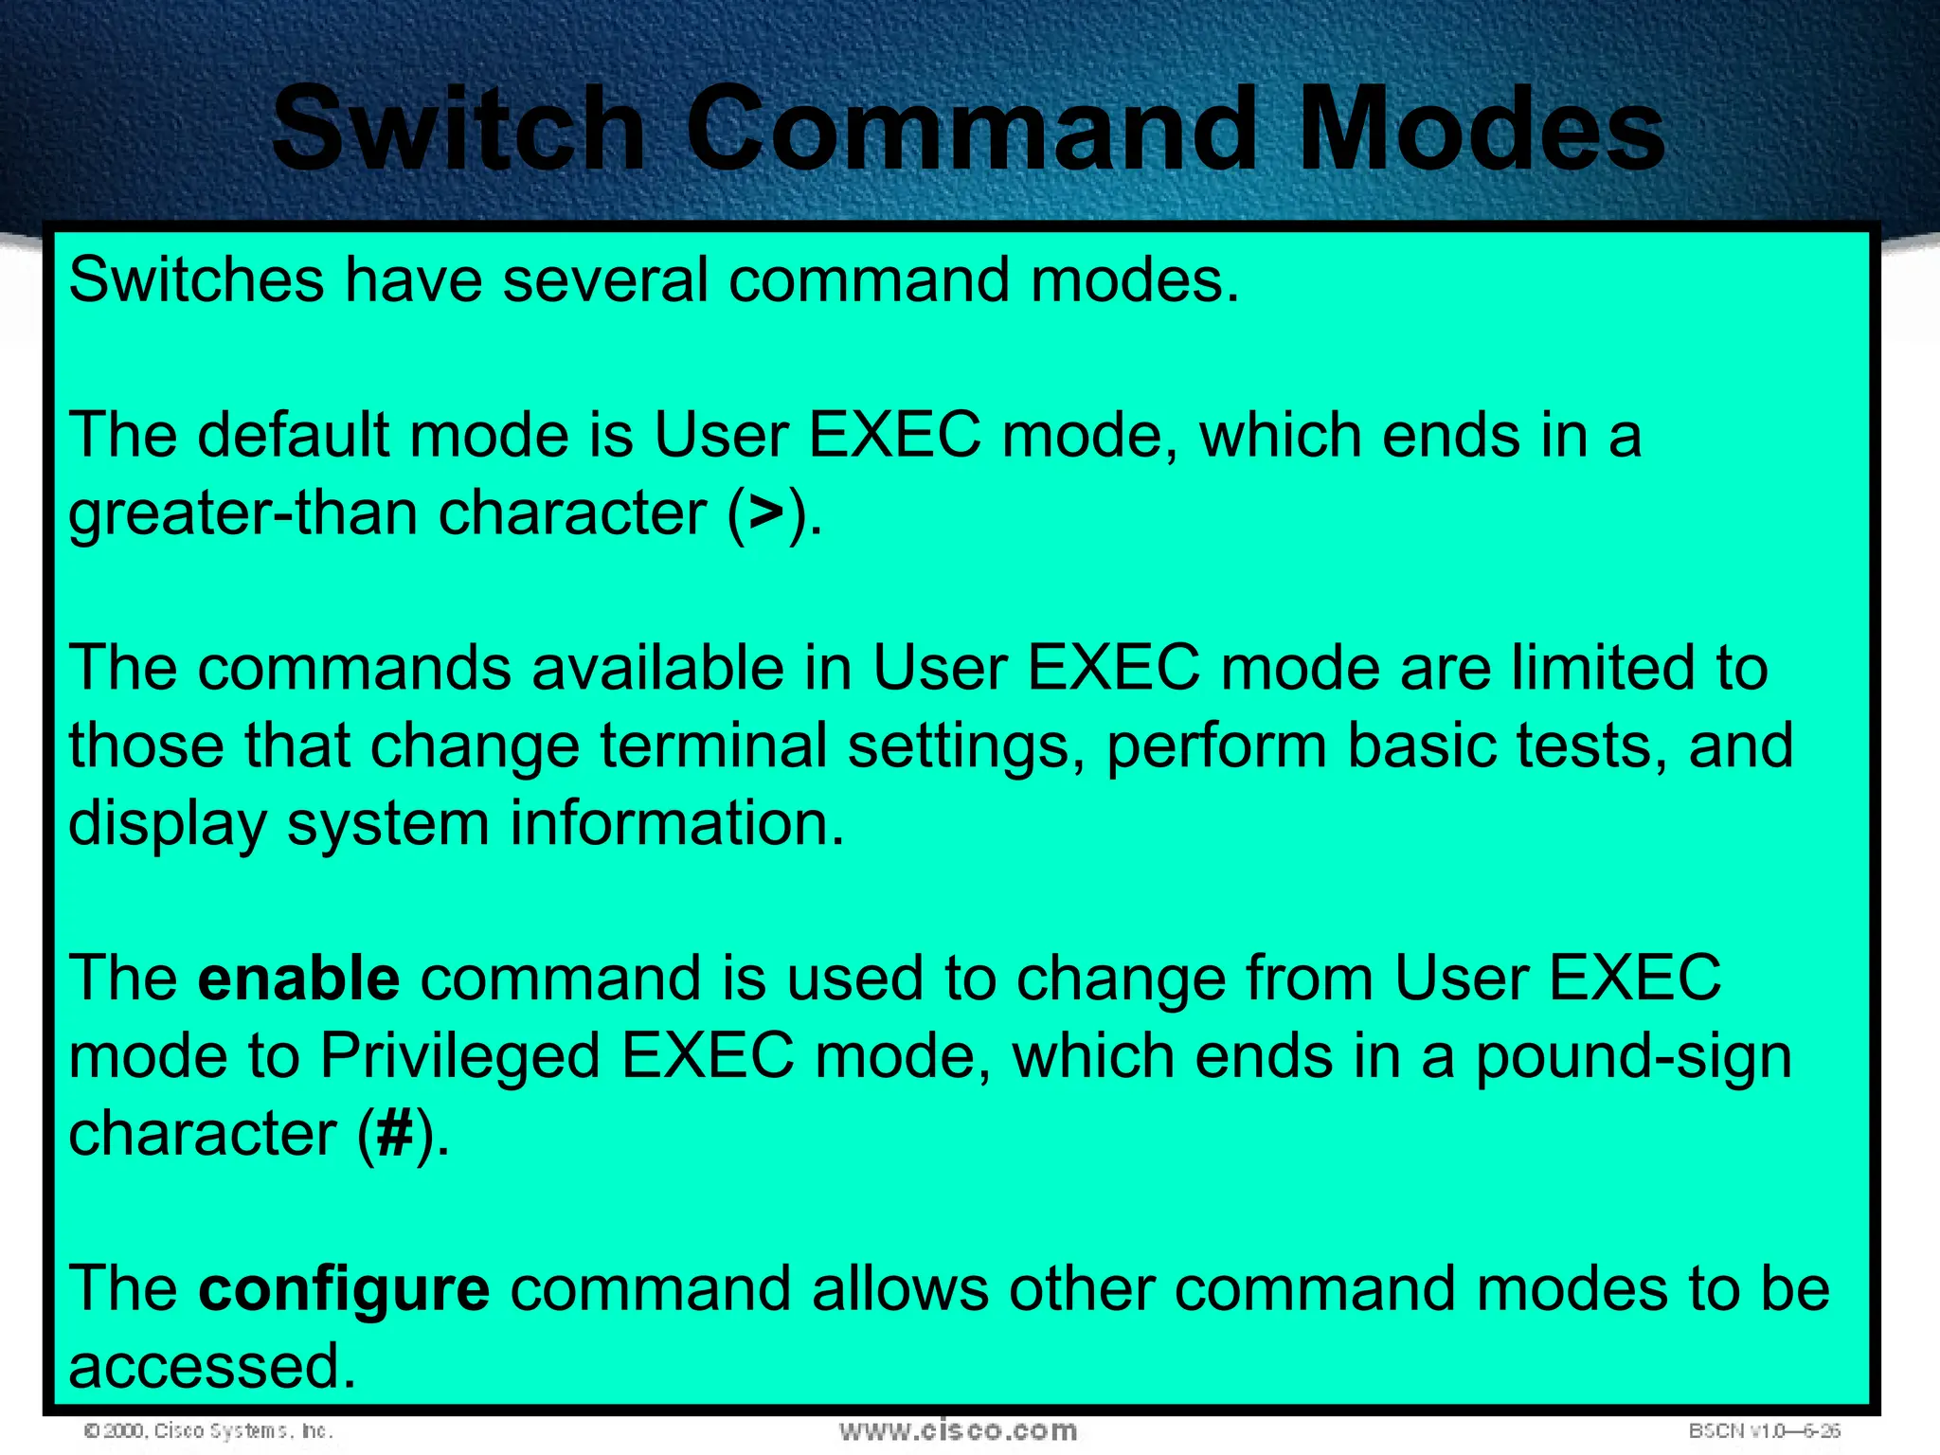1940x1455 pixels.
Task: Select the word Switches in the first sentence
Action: click(196, 280)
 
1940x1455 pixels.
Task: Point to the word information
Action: click(676, 823)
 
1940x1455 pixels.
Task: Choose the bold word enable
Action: click(298, 979)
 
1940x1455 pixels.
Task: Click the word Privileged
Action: click(460, 1057)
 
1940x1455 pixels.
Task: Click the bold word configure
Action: click(344, 1291)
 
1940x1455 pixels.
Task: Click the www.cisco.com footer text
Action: click(958, 1430)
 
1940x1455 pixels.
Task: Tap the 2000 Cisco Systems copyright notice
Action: click(208, 1430)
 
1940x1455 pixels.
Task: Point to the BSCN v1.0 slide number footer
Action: click(1764, 1430)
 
